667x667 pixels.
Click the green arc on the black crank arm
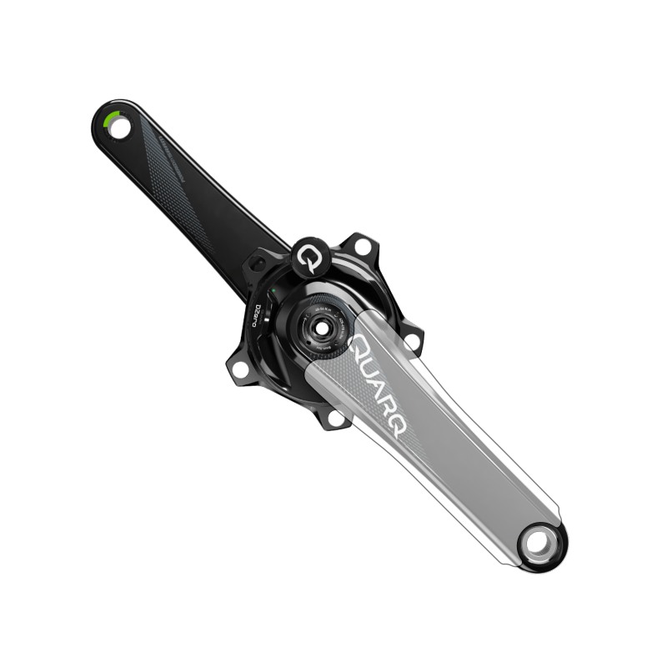click(x=108, y=118)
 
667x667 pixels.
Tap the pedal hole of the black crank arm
click(x=120, y=128)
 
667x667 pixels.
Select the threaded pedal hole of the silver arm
click(x=538, y=545)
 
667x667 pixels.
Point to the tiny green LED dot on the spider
click(x=272, y=291)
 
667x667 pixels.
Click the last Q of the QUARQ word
click(x=399, y=432)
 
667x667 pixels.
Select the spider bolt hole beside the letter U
click(x=412, y=341)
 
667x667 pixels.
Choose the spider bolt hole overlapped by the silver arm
click(x=336, y=418)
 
